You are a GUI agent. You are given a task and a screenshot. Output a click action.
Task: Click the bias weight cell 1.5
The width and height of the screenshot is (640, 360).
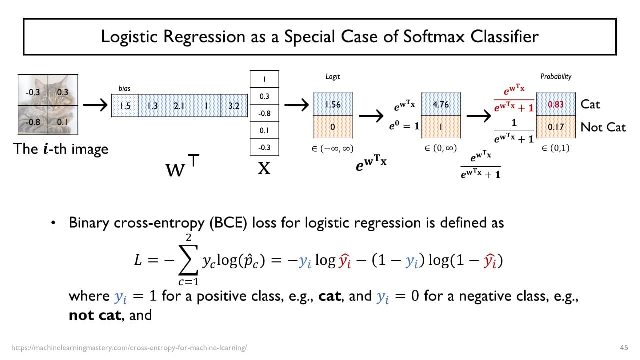pyautogui.click(x=125, y=106)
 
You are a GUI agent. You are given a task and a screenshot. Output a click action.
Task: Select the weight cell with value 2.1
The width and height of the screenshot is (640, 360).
pyautogui.click(x=179, y=106)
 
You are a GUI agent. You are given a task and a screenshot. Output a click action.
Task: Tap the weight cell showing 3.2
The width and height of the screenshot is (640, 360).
pyautogui.click(x=234, y=106)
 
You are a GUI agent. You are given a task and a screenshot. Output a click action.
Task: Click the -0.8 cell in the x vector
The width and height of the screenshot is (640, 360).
pyautogui.click(x=264, y=113)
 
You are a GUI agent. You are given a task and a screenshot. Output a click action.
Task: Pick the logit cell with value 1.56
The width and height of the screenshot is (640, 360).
pyautogui.click(x=333, y=105)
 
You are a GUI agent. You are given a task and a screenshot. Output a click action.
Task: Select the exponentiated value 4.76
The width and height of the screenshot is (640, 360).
pyautogui.click(x=440, y=105)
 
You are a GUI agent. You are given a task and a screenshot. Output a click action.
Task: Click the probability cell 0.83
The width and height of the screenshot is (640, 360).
pyautogui.click(x=556, y=105)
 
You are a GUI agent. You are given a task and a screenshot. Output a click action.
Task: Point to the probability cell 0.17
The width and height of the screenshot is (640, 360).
pyautogui.click(x=556, y=127)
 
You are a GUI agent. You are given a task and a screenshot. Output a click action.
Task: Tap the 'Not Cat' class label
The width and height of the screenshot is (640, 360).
pyautogui.click(x=603, y=127)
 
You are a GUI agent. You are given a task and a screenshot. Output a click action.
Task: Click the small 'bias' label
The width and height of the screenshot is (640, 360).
pyautogui.click(x=124, y=88)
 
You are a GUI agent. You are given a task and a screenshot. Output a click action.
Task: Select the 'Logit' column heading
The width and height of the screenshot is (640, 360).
pyautogui.click(x=332, y=76)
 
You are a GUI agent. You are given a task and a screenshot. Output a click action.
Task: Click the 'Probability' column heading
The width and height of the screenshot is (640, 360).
pyautogui.click(x=556, y=76)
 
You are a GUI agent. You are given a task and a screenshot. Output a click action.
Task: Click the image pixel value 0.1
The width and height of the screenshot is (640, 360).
pyautogui.click(x=62, y=121)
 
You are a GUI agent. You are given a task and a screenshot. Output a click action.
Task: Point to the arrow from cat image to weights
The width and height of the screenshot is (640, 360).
pyautogui.click(x=95, y=105)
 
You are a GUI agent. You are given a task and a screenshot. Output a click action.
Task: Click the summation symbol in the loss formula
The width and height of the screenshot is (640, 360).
pyautogui.click(x=188, y=261)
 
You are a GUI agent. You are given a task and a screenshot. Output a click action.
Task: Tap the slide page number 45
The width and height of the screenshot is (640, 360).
pyautogui.click(x=623, y=347)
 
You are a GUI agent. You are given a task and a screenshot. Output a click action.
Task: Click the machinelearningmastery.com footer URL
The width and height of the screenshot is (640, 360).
pyautogui.click(x=129, y=347)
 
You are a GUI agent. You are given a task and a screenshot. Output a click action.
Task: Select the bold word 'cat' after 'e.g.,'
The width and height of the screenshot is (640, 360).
pyautogui.click(x=329, y=296)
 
